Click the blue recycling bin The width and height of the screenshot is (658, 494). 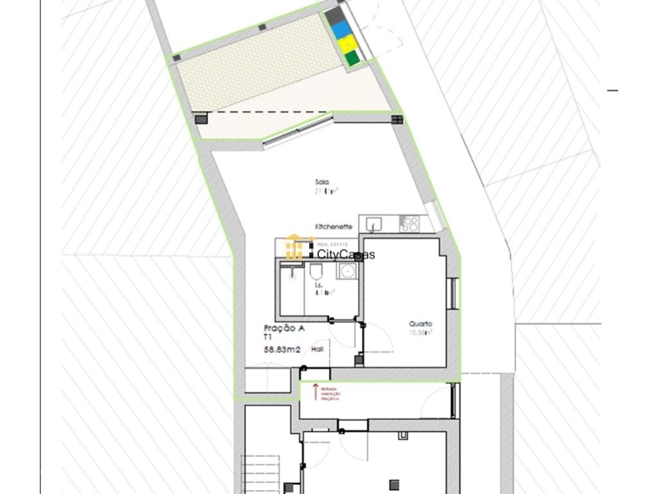pyautogui.click(x=340, y=28)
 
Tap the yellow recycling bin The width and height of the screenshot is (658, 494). pyautogui.click(x=347, y=44)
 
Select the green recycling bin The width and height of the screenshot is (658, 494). pyautogui.click(x=352, y=59)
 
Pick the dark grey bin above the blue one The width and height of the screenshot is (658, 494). pyautogui.click(x=332, y=15)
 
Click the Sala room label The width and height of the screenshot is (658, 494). pyautogui.click(x=322, y=182)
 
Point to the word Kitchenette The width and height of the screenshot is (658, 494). pyautogui.click(x=333, y=227)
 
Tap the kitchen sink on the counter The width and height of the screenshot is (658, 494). pyautogui.click(x=373, y=224)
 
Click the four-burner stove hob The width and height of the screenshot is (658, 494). pyautogui.click(x=409, y=224)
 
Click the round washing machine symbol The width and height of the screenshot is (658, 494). pyautogui.click(x=347, y=271)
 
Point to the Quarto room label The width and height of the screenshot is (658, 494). pyautogui.click(x=421, y=324)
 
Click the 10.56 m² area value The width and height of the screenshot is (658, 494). pyautogui.click(x=421, y=333)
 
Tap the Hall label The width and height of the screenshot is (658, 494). pyautogui.click(x=317, y=349)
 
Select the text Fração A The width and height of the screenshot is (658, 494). pyautogui.click(x=284, y=328)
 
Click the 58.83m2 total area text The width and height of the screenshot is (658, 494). pyautogui.click(x=283, y=350)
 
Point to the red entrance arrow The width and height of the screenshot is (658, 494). pyautogui.click(x=316, y=390)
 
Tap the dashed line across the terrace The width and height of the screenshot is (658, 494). pyautogui.click(x=270, y=113)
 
